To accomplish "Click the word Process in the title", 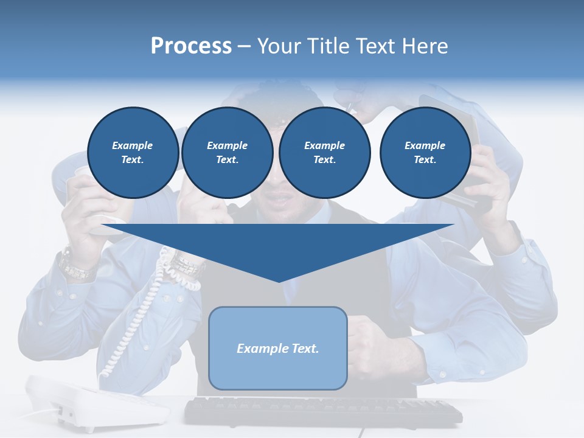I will pyautogui.click(x=191, y=46).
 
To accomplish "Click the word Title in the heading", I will pyautogui.click(x=327, y=46).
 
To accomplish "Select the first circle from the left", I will pyautogui.click(x=133, y=153).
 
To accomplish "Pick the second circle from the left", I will pyautogui.click(x=227, y=153).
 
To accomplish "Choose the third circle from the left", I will pyautogui.click(x=324, y=153).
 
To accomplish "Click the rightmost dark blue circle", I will pyautogui.click(x=425, y=153).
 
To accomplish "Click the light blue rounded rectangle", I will pyautogui.click(x=278, y=371).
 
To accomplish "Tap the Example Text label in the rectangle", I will pyautogui.click(x=278, y=349).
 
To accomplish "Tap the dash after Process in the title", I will pyautogui.click(x=244, y=46).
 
